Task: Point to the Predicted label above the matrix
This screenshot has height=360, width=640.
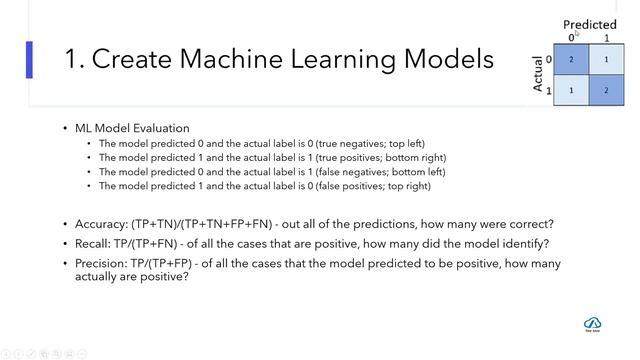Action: pyautogui.click(x=589, y=24)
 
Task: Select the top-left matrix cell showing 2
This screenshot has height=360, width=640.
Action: pyautogui.click(x=571, y=60)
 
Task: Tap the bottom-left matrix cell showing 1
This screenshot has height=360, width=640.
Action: pyautogui.click(x=571, y=90)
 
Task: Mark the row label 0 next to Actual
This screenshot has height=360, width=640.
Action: pyautogui.click(x=549, y=59)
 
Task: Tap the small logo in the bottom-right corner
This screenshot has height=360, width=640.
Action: pyautogui.click(x=591, y=323)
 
